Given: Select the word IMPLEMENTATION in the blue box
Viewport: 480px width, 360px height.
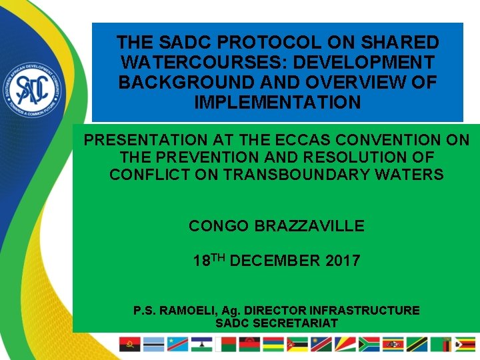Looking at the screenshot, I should pos(277,103).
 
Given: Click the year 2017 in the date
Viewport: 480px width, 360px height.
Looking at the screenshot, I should pos(343,261).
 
